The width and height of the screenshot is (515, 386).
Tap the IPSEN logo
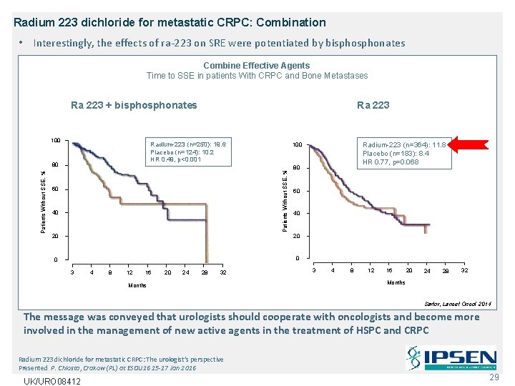(x=451, y=358)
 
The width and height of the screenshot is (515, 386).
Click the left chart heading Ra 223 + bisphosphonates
(x=134, y=105)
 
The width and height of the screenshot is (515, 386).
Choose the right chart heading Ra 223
(x=373, y=105)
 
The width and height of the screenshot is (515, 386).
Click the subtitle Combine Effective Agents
(x=257, y=65)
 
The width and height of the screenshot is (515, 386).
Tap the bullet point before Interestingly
(x=24, y=43)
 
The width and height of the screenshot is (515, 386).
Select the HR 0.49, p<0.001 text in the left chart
(x=175, y=159)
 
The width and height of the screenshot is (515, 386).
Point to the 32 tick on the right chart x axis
(x=464, y=270)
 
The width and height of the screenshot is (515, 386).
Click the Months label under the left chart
(x=137, y=285)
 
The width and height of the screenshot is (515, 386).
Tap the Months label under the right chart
(x=396, y=282)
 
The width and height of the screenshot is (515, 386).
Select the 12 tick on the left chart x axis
(x=129, y=272)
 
